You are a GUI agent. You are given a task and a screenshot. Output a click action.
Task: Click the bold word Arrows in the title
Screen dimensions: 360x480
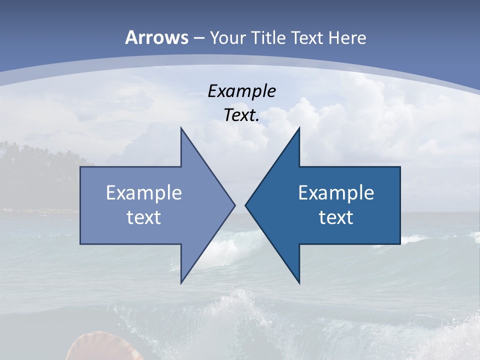tap(156, 37)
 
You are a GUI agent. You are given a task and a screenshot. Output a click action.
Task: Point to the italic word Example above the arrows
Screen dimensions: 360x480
tap(241, 91)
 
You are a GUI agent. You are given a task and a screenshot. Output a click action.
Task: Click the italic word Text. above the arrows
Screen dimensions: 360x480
tap(241, 115)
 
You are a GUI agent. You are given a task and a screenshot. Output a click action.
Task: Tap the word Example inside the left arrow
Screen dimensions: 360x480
tap(143, 193)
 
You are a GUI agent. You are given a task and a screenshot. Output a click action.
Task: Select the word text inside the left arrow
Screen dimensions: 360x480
tap(143, 217)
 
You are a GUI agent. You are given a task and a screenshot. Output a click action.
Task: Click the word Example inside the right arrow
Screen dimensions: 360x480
tap(336, 193)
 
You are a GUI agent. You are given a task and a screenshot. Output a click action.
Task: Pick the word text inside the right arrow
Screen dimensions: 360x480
tap(336, 217)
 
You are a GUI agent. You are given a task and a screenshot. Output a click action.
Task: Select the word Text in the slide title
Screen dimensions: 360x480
tap(307, 38)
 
